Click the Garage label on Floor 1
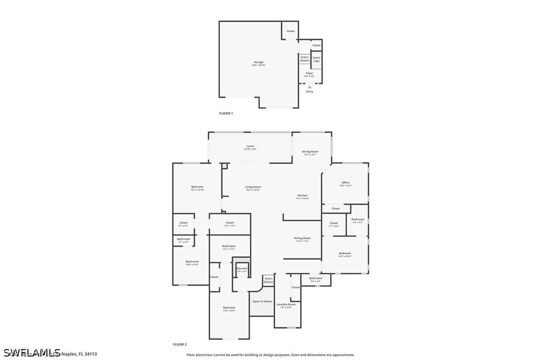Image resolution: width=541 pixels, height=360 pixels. pos(258,63)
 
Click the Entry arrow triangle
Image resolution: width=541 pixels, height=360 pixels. pos(309,87)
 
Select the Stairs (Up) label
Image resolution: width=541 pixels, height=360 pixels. pos(316,59)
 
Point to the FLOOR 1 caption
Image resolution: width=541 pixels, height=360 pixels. pos(226,113)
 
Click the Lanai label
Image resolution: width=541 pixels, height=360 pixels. pos(250,147)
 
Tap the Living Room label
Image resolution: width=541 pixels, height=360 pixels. pos(253,187)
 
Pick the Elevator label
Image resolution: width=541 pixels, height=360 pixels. pos(242,269)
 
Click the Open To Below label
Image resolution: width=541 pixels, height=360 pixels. pos(262,301)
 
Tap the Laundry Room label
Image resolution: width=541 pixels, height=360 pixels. pos(288,305)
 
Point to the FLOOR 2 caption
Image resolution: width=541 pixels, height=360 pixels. pos(180,344)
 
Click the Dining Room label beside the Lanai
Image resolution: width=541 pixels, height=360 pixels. pos(310,152)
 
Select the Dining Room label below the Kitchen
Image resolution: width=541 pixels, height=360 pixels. pos(302,239)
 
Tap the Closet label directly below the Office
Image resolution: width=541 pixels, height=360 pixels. pos(335,209)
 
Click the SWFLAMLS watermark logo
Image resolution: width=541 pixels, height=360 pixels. pos(31,352)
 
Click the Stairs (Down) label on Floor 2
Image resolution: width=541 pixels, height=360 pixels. pos(268,280)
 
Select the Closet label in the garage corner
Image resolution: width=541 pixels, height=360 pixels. pos(290,31)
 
